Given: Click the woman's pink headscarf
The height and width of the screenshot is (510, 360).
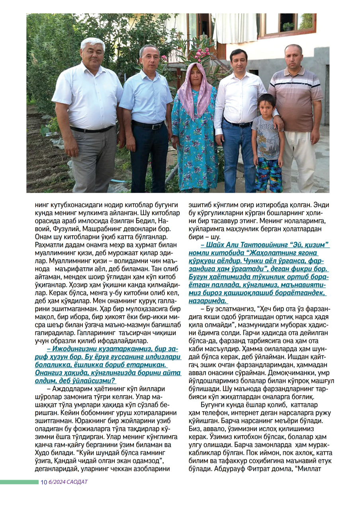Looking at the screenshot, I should (194, 90).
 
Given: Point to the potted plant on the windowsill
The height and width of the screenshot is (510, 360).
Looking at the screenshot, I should (288, 26).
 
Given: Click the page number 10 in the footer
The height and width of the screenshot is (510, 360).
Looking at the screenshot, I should (44, 482).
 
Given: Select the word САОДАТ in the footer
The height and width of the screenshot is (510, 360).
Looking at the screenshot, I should (78, 482).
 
